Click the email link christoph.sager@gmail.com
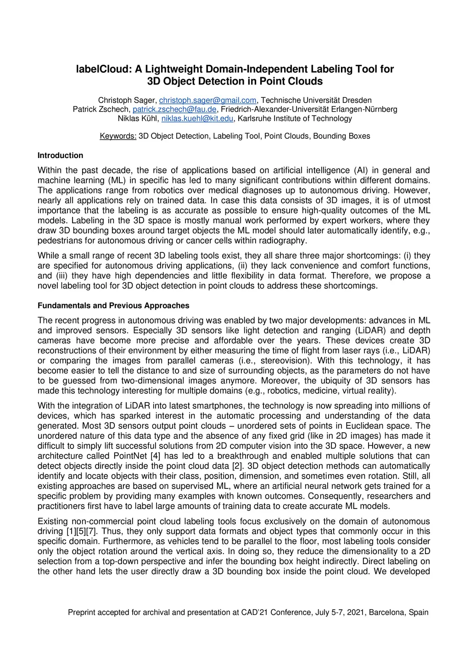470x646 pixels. (207, 100)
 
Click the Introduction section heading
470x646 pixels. (60, 155)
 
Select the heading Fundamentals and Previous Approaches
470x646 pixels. (113, 306)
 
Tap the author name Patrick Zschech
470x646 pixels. (101, 109)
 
